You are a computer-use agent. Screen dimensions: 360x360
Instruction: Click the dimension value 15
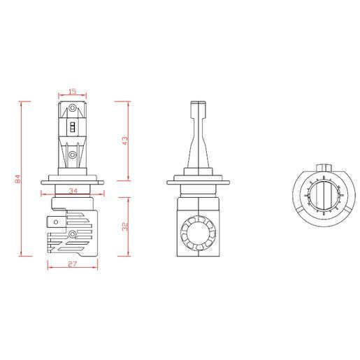pos(73,92)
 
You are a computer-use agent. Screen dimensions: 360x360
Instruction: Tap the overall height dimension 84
pos(18,179)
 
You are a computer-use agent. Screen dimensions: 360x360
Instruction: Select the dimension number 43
pos(125,141)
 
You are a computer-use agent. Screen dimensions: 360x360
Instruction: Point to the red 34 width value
pos(73,191)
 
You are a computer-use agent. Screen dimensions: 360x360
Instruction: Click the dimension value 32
pos(125,226)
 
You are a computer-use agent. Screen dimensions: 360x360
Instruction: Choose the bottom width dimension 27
pos(72,264)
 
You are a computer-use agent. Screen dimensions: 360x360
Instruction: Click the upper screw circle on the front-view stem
pos(73,108)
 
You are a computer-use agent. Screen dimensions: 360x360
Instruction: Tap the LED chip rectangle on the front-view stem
pos(73,127)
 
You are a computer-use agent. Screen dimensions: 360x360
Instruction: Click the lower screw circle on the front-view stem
pos(73,154)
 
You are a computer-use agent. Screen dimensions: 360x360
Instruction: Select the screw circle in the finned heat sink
pos(73,234)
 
